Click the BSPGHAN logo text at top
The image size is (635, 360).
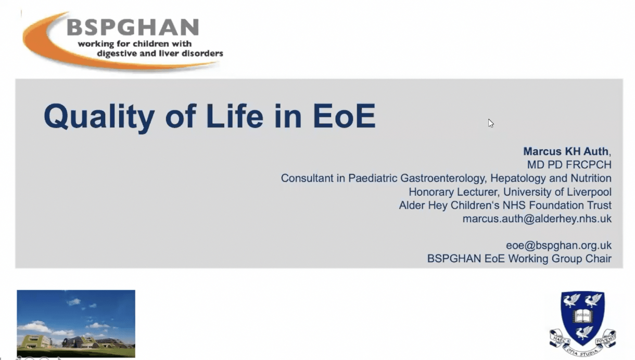(133, 28)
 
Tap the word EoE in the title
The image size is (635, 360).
(344, 117)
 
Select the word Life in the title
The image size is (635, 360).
(235, 117)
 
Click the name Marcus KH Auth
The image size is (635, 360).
(565, 151)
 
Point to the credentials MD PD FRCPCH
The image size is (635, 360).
(569, 165)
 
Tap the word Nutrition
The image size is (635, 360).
(590, 178)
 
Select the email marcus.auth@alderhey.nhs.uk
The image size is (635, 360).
(537, 219)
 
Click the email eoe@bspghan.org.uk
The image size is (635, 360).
(558, 245)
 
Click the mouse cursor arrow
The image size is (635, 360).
(490, 123)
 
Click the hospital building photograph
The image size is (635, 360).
(76, 324)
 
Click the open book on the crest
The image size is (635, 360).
(582, 315)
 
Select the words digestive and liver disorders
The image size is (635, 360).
(160, 53)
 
